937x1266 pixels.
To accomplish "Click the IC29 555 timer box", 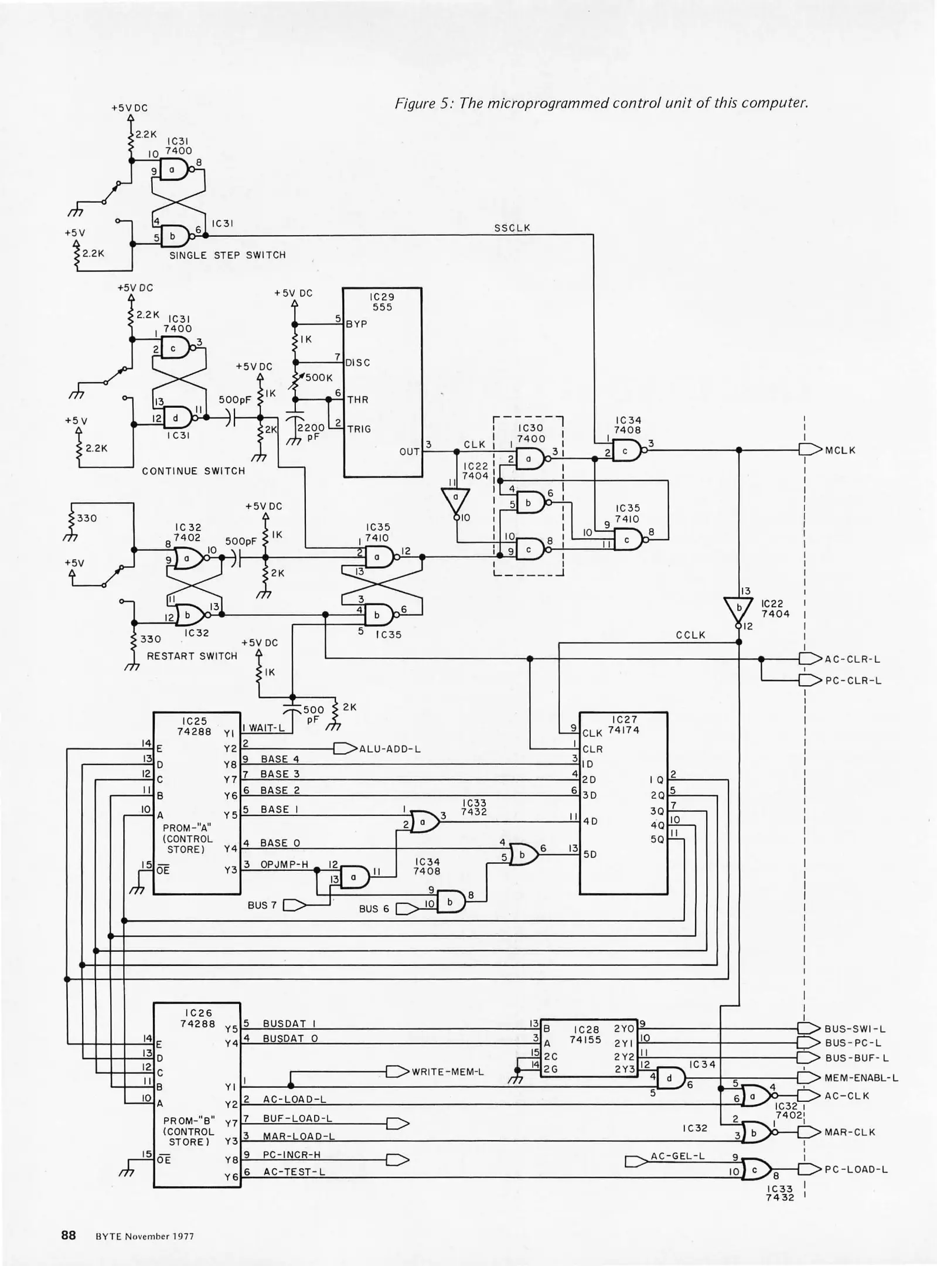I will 382,382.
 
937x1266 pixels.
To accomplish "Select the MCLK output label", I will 840,450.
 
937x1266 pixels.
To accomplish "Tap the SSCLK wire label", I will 512,228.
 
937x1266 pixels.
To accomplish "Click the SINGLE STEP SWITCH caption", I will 227,255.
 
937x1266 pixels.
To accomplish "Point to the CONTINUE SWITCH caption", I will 193,471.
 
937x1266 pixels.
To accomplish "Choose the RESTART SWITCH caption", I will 192,656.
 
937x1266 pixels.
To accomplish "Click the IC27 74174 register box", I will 623,802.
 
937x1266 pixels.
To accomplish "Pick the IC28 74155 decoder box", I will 585,1047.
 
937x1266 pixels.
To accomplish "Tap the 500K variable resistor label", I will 319,377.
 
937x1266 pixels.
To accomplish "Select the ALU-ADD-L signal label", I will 390,748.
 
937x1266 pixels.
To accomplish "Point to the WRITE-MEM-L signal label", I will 447,1072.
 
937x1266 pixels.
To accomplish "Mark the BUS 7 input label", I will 262,905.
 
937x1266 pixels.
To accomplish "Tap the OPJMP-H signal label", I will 284,864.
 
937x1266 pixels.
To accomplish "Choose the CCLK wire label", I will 690,635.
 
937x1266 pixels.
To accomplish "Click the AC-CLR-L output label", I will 852,659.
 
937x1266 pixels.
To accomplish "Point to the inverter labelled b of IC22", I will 739,610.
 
